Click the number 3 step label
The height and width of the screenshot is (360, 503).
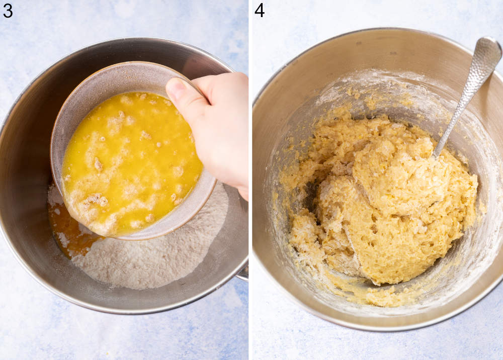[8, 10]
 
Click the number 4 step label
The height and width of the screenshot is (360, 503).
[260, 10]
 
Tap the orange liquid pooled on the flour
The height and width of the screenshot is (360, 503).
[68, 231]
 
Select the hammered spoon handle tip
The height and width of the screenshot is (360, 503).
[487, 50]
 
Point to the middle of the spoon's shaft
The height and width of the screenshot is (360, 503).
[460, 101]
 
